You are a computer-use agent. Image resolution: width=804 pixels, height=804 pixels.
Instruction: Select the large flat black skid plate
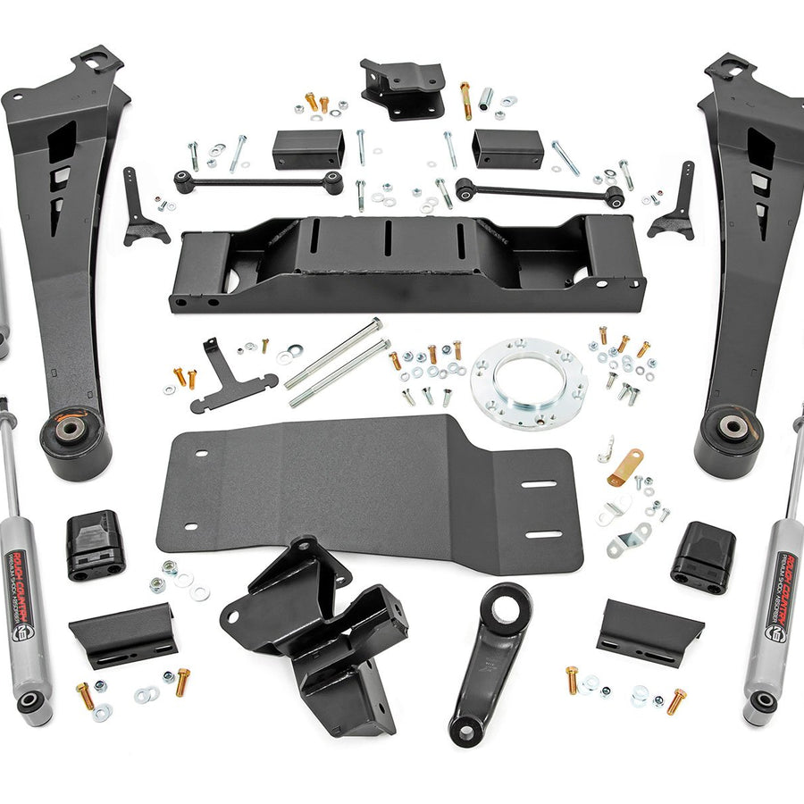point(357,491)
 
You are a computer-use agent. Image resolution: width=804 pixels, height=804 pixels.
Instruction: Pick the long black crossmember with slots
point(406,264)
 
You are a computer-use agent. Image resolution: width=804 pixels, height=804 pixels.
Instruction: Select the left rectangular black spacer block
point(308,148)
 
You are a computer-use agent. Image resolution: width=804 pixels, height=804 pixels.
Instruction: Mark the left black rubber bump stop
point(95,545)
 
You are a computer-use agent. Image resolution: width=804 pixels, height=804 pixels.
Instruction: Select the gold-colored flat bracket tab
point(626,467)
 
